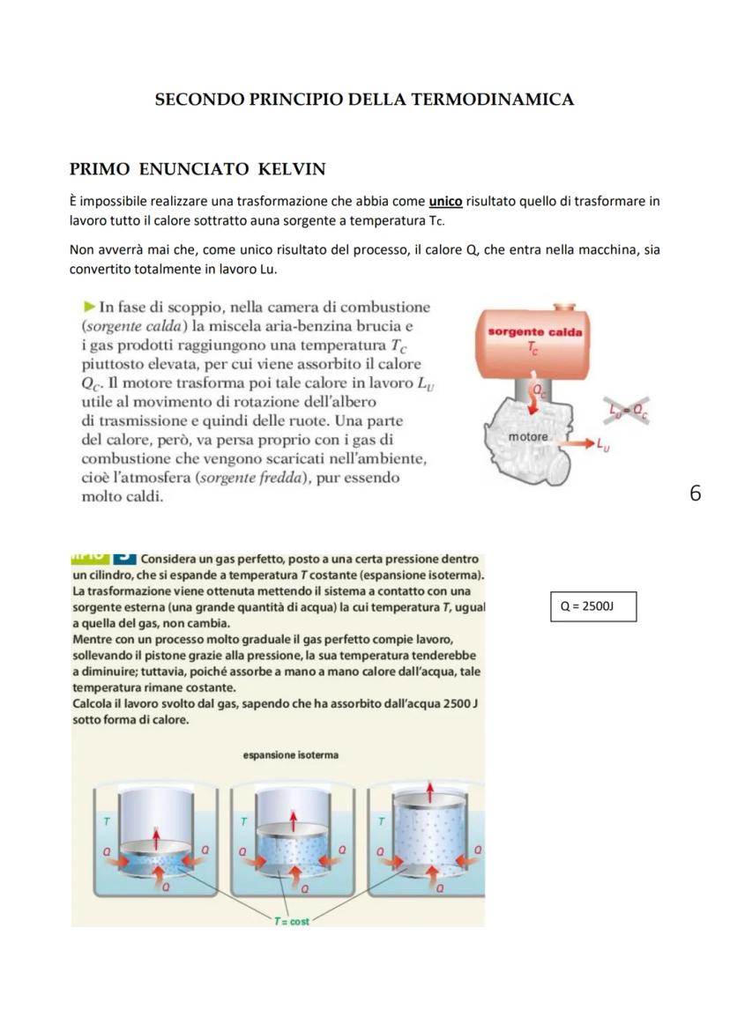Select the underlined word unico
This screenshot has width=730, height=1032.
pyautogui.click(x=446, y=202)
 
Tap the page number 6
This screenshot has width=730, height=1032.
pyautogui.click(x=695, y=494)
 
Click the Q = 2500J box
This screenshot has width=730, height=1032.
pyautogui.click(x=593, y=607)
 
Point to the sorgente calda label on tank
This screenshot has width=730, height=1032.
pyautogui.click(x=534, y=332)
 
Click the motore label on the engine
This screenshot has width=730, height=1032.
pyautogui.click(x=528, y=437)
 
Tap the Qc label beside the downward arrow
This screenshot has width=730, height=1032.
pyautogui.click(x=536, y=385)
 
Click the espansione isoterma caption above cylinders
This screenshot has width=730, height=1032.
pyautogui.click(x=289, y=755)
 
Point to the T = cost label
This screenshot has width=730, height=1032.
pyautogui.click(x=289, y=919)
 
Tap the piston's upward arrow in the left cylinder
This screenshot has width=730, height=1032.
pyautogui.click(x=157, y=835)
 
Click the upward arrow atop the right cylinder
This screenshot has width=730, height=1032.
pyautogui.click(x=429, y=787)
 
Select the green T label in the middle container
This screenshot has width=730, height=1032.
pyautogui.click(x=244, y=820)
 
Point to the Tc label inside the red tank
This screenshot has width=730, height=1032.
pyautogui.click(x=532, y=349)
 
